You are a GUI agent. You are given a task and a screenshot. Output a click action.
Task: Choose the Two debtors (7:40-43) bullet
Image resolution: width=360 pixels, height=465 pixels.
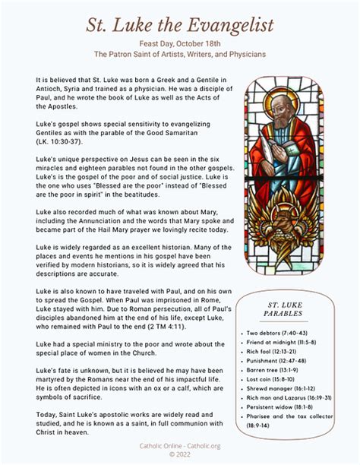(x=277, y=333)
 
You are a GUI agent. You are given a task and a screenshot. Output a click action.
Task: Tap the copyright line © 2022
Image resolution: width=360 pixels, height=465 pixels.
(x=180, y=454)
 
